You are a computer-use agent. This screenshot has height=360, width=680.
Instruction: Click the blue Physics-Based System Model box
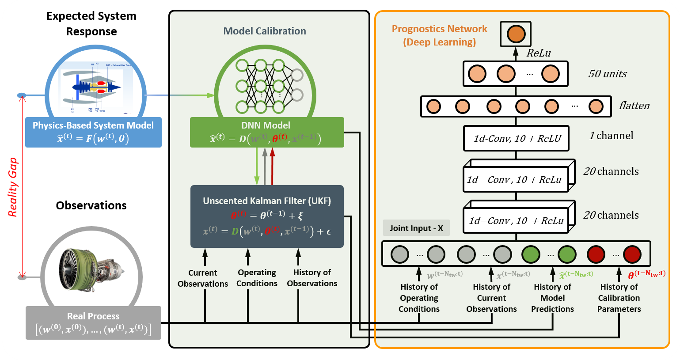93,132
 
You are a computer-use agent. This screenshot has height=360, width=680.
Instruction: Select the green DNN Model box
267,132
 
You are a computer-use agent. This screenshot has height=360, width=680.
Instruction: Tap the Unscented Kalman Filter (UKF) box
267,216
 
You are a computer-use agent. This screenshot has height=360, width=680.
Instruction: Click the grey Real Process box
93,323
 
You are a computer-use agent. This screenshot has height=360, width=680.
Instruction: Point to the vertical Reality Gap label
13,187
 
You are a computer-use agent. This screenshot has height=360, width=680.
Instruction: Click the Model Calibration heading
264,31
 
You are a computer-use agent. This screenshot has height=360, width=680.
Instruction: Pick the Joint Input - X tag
416,228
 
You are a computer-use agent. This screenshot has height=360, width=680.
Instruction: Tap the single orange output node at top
516,34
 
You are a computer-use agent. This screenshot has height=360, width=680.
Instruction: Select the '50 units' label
607,74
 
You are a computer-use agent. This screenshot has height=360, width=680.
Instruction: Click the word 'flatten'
634,106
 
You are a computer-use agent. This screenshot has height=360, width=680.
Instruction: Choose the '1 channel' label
611,136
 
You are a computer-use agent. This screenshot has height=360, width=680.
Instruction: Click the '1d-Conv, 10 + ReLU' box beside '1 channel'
516,139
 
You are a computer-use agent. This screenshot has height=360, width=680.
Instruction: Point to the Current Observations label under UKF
203,278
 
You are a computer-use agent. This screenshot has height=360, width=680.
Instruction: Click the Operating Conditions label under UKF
257,278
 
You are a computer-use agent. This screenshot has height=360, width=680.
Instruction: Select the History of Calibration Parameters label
619,298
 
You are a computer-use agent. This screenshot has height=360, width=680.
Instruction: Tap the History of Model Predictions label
552,298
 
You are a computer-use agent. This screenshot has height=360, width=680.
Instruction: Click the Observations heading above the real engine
91,205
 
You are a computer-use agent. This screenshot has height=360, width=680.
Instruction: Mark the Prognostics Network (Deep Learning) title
439,35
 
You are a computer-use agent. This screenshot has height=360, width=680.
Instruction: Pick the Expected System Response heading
91,24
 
